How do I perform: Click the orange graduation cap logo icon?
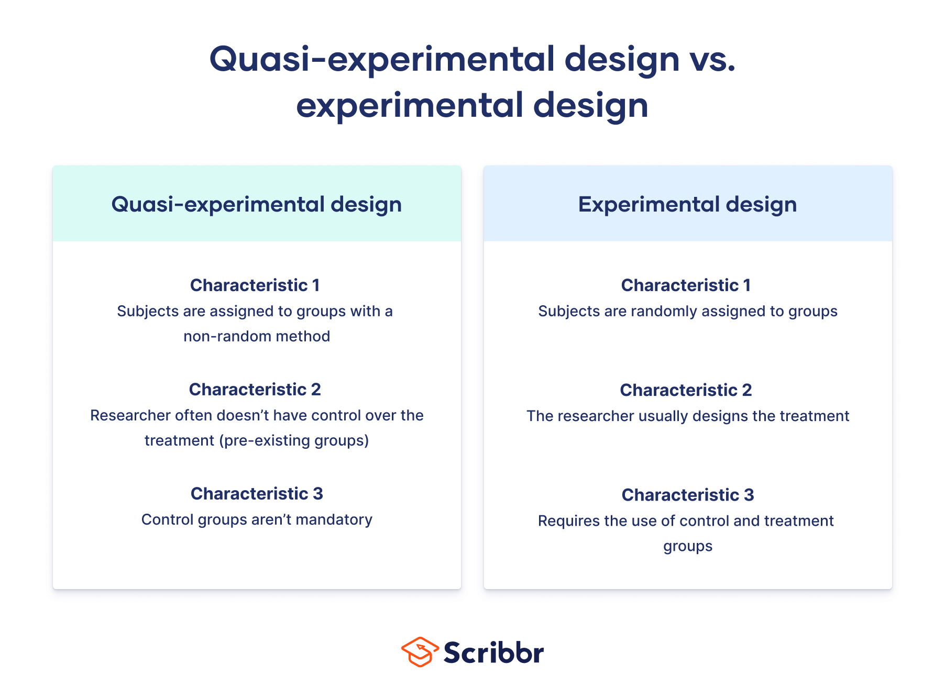point(420,652)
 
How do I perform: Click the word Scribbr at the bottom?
point(493,653)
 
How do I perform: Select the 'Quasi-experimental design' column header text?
point(256,204)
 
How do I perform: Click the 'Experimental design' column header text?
point(687,204)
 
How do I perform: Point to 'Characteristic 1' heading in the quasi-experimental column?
point(255,285)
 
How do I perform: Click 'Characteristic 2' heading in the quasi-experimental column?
point(255,390)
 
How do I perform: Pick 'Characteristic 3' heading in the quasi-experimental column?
point(257,494)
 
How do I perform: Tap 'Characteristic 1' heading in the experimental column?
point(686,285)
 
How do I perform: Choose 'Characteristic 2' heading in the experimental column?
point(686,390)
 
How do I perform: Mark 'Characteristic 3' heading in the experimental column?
point(687,495)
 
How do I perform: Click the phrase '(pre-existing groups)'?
point(296,440)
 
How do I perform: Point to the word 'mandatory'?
point(334,519)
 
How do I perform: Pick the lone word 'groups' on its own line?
point(687,546)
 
